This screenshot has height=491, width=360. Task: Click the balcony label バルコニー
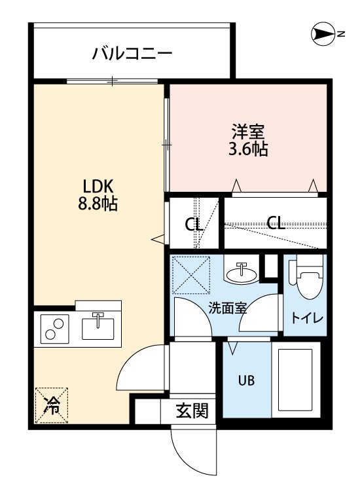pos(132,53)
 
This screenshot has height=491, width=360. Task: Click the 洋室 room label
pos(247,130)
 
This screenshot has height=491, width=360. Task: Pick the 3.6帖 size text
pos(247,149)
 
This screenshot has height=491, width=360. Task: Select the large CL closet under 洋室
pos(276,223)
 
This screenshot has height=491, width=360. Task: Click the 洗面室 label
pos(227,308)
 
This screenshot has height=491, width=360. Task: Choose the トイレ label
pos(307,319)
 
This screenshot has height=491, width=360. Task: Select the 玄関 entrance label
pos(192,411)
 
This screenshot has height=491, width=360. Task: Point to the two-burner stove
pos(55,328)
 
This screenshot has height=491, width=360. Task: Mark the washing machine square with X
pos(190,275)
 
